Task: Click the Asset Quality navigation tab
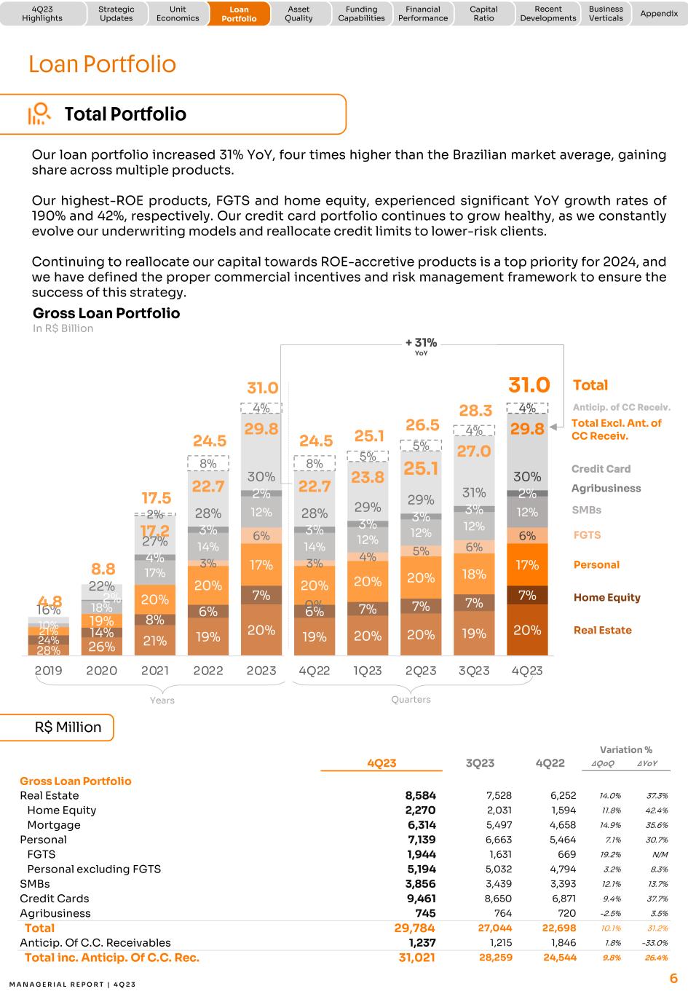coord(298,14)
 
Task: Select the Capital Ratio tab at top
coord(483,14)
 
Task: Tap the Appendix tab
coord(658,14)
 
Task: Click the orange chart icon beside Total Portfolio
coord(39,114)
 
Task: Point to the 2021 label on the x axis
coord(155,671)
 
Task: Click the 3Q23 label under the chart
coord(474,671)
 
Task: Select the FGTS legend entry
coord(587,535)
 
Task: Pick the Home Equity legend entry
coord(606,597)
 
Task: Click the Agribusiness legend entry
coord(606,489)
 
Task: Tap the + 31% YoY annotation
coord(421,345)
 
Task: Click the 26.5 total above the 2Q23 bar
coord(422,425)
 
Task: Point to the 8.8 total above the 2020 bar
coord(103,569)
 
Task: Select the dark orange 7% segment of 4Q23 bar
coord(527,596)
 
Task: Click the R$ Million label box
coord(68,727)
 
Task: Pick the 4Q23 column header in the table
coord(381,762)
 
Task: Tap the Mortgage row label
coord(53,825)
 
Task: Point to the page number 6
coord(673,978)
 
